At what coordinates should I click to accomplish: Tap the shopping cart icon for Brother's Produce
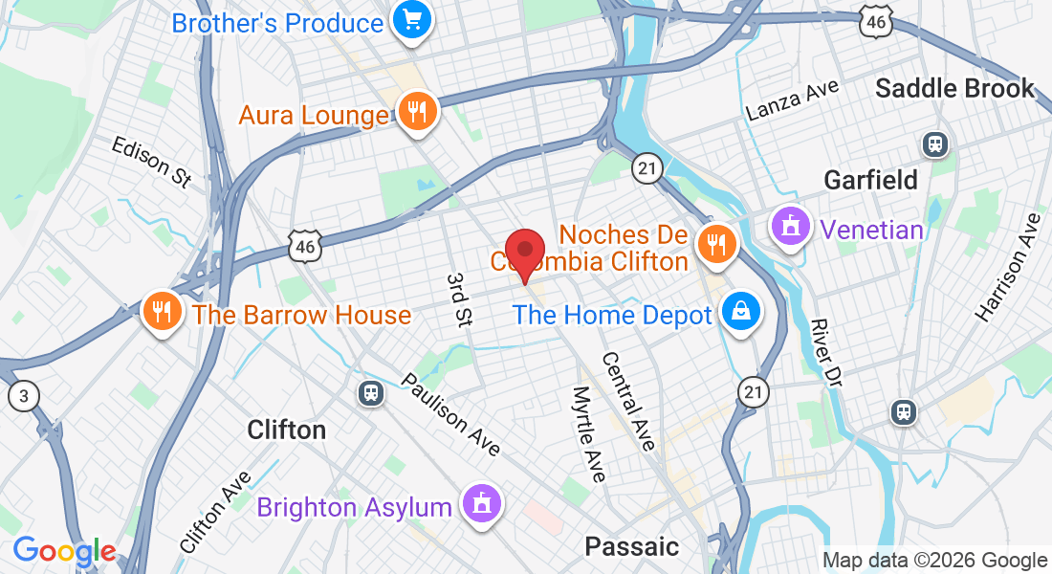413,20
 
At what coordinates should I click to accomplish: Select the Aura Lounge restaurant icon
416,113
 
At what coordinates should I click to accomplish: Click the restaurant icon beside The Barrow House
163,312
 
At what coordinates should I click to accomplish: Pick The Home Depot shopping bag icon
740,313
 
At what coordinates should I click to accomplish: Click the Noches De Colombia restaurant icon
713,245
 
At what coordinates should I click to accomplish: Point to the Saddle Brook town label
954,89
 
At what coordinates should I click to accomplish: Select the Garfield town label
870,179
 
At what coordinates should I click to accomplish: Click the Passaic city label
631,546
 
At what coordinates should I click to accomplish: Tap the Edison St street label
151,162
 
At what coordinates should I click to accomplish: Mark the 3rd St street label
460,299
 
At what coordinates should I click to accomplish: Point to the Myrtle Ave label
588,433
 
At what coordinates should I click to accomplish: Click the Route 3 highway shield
22,395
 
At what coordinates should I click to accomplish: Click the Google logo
64,551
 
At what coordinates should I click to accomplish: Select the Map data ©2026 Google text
934,560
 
